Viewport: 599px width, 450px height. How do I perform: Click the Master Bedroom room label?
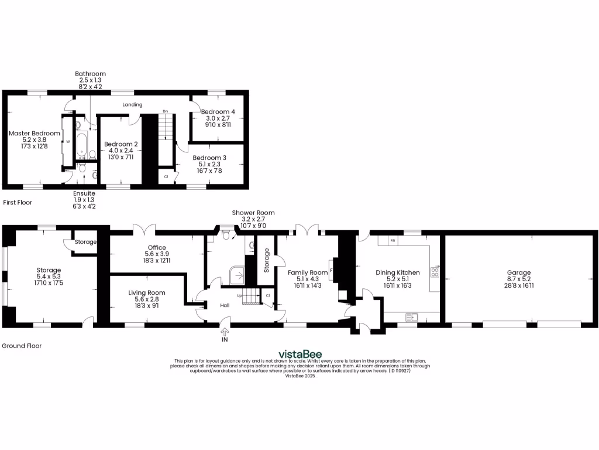point(34,134)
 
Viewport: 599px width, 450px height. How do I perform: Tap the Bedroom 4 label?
point(218,111)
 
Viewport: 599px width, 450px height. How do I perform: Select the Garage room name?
point(518,272)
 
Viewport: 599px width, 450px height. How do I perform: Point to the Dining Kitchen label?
point(397,272)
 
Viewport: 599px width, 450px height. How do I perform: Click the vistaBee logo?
point(299,354)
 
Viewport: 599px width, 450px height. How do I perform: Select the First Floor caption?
point(18,202)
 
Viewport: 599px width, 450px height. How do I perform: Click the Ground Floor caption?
point(22,346)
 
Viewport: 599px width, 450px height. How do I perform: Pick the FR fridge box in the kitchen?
point(392,241)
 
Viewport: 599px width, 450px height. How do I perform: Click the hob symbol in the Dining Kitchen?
point(435,272)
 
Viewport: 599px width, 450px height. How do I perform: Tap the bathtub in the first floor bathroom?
point(81,145)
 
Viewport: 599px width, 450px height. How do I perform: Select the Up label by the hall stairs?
point(239,295)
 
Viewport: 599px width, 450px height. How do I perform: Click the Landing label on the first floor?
point(132,104)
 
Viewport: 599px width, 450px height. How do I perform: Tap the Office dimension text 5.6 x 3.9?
point(157,254)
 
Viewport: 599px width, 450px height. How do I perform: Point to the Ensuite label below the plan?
point(84,193)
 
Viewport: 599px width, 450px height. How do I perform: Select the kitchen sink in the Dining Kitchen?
point(413,317)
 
